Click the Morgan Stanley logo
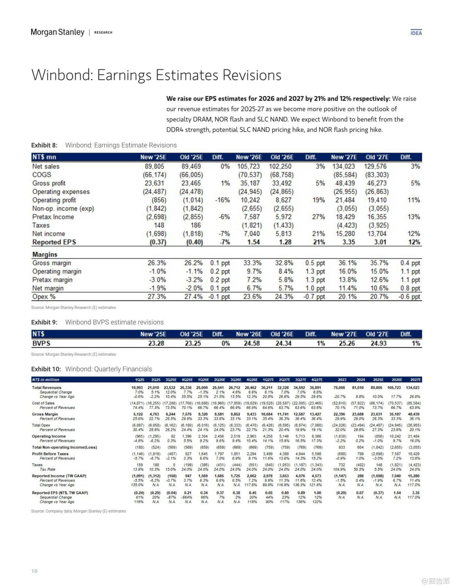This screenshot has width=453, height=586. (57, 32)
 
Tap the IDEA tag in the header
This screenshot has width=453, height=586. (416, 33)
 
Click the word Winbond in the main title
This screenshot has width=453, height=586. (61, 75)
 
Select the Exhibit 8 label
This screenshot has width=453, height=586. (44, 145)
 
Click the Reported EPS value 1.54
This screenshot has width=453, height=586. (253, 242)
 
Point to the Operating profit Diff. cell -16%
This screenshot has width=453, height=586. (222, 200)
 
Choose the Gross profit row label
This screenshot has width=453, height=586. (49, 183)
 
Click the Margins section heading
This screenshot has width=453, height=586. (45, 254)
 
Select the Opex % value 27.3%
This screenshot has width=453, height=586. (157, 297)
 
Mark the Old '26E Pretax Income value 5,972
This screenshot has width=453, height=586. (283, 217)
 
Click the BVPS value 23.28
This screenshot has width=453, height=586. (156, 343)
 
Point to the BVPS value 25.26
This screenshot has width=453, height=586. (347, 343)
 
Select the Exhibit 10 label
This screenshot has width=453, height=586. (46, 369)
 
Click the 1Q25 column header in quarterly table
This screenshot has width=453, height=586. (140, 380)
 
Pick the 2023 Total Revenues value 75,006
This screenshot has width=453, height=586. (339, 388)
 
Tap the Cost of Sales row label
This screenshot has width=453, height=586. (43, 403)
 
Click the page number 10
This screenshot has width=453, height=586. (34, 571)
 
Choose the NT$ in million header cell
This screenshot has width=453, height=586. (46, 380)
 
